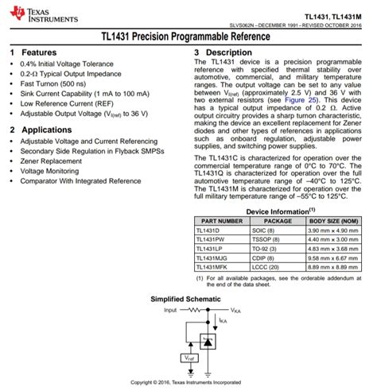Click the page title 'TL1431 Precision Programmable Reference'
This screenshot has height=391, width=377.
(x=188, y=37)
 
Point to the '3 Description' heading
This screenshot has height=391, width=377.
(x=223, y=52)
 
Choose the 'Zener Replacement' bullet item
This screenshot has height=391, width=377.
(x=51, y=161)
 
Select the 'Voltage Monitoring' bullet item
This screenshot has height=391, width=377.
(x=50, y=171)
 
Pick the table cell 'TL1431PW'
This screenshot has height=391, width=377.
(x=211, y=238)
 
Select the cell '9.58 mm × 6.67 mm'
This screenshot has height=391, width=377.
(x=334, y=258)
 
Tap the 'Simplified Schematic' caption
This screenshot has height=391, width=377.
(x=188, y=300)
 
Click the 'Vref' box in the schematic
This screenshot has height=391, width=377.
(x=192, y=358)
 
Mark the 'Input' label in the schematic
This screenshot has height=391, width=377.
(x=170, y=310)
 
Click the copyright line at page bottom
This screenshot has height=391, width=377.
(x=188, y=382)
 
